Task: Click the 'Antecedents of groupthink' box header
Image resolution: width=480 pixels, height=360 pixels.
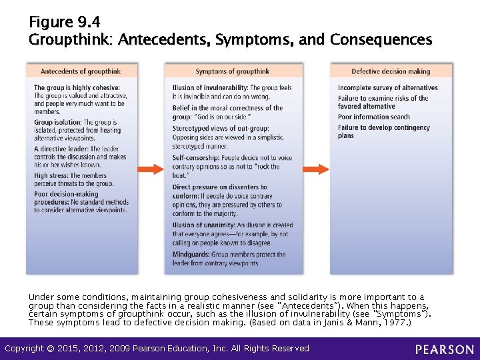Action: click(82, 71)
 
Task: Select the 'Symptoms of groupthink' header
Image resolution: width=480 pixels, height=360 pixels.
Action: click(233, 71)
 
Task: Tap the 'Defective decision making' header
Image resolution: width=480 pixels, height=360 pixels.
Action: click(391, 71)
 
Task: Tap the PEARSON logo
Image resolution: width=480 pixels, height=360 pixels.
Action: click(445, 349)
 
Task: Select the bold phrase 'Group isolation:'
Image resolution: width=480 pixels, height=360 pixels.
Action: click(58, 123)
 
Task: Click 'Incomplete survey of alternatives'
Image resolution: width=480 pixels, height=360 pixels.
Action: click(387, 88)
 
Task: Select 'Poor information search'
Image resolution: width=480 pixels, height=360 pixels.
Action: click(373, 117)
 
